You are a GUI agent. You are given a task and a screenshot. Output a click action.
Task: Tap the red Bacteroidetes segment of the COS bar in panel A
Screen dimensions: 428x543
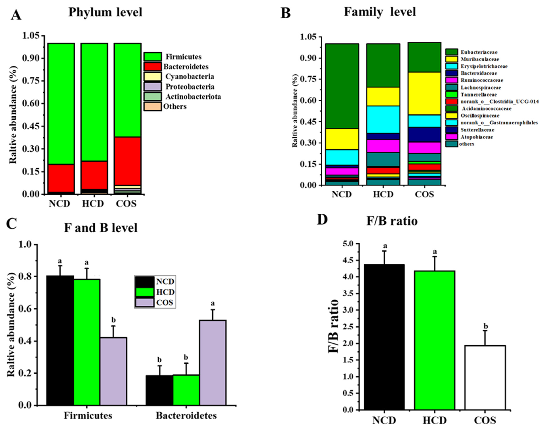pyautogui.click(x=127, y=160)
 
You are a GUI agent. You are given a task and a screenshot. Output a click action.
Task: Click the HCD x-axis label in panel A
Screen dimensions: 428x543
pyautogui.click(x=93, y=203)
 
